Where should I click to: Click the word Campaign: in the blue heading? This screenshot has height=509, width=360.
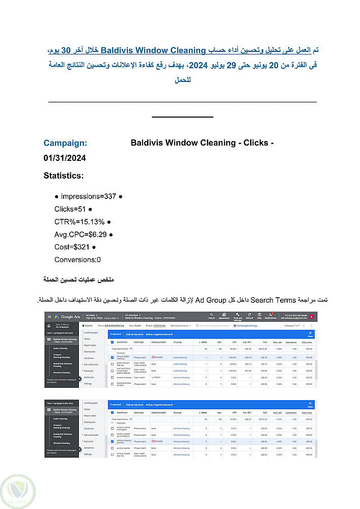point(65,143)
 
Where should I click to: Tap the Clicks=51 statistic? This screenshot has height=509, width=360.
point(70,209)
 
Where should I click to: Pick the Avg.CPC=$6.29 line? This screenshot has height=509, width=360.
point(80,235)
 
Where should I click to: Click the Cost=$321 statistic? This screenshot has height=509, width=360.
point(71,247)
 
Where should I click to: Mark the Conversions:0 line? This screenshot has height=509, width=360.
point(77,260)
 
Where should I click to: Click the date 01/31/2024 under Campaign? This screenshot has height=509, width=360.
point(65,159)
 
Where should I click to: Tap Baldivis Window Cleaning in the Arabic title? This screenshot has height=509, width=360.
point(153,51)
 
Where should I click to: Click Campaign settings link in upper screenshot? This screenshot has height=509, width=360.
point(246,325)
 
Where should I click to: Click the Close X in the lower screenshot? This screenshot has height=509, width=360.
point(310,404)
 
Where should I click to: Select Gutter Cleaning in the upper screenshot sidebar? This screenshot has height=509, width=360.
point(60,349)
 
